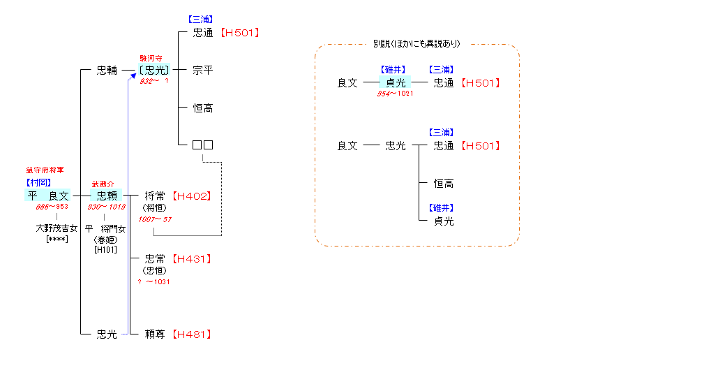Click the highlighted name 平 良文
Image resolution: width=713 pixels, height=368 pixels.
coord(48,196)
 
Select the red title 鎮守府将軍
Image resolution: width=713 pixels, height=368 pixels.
coord(45,170)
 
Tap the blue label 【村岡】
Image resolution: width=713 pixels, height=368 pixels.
coord(39,183)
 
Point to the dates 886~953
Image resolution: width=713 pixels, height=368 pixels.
coord(53,207)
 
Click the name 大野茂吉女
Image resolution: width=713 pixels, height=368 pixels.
coord(57,228)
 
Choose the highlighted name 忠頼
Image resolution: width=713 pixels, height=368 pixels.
coord(107,196)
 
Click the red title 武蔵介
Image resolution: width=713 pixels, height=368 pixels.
coord(103,184)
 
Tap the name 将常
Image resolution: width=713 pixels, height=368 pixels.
coord(154,196)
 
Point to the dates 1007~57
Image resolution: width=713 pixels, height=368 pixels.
coord(155,220)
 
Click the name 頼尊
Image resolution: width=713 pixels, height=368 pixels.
coord(154,334)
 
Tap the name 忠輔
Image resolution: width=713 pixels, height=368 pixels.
coord(107,71)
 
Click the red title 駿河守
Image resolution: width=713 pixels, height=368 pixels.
coord(151,59)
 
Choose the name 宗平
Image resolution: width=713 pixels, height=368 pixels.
coord(202,71)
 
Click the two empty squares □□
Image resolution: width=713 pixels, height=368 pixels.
coord(202,145)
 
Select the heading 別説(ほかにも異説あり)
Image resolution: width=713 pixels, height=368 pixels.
coord(416,44)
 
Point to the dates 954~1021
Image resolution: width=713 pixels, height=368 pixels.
coord(396,94)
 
